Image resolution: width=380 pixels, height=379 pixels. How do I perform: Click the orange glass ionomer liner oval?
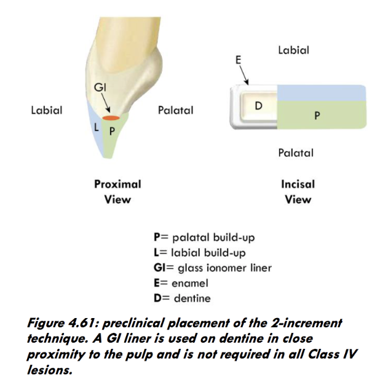click(x=111, y=118)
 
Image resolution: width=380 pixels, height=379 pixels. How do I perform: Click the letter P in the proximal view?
click(x=112, y=130)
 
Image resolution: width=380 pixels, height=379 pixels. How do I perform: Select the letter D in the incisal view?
click(x=258, y=105)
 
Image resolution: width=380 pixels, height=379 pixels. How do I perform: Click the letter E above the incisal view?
click(x=239, y=60)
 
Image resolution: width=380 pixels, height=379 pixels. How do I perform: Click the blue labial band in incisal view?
click(x=321, y=93)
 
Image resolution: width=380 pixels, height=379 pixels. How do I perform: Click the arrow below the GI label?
click(x=105, y=103)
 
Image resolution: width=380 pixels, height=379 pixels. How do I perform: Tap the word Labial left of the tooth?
click(x=47, y=111)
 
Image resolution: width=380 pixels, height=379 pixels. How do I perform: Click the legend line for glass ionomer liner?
click(x=212, y=268)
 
